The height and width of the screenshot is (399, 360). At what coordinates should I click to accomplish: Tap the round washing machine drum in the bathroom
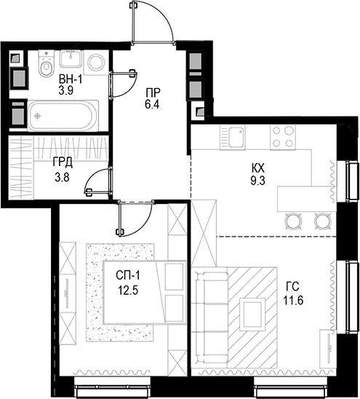[x=95, y=63]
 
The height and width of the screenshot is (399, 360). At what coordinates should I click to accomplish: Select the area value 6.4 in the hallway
[x=151, y=105]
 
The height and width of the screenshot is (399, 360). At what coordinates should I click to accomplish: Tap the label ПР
[x=151, y=92]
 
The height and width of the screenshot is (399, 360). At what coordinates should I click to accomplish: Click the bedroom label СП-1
[x=129, y=275]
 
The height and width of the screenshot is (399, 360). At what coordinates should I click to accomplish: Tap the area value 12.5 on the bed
[x=129, y=289]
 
